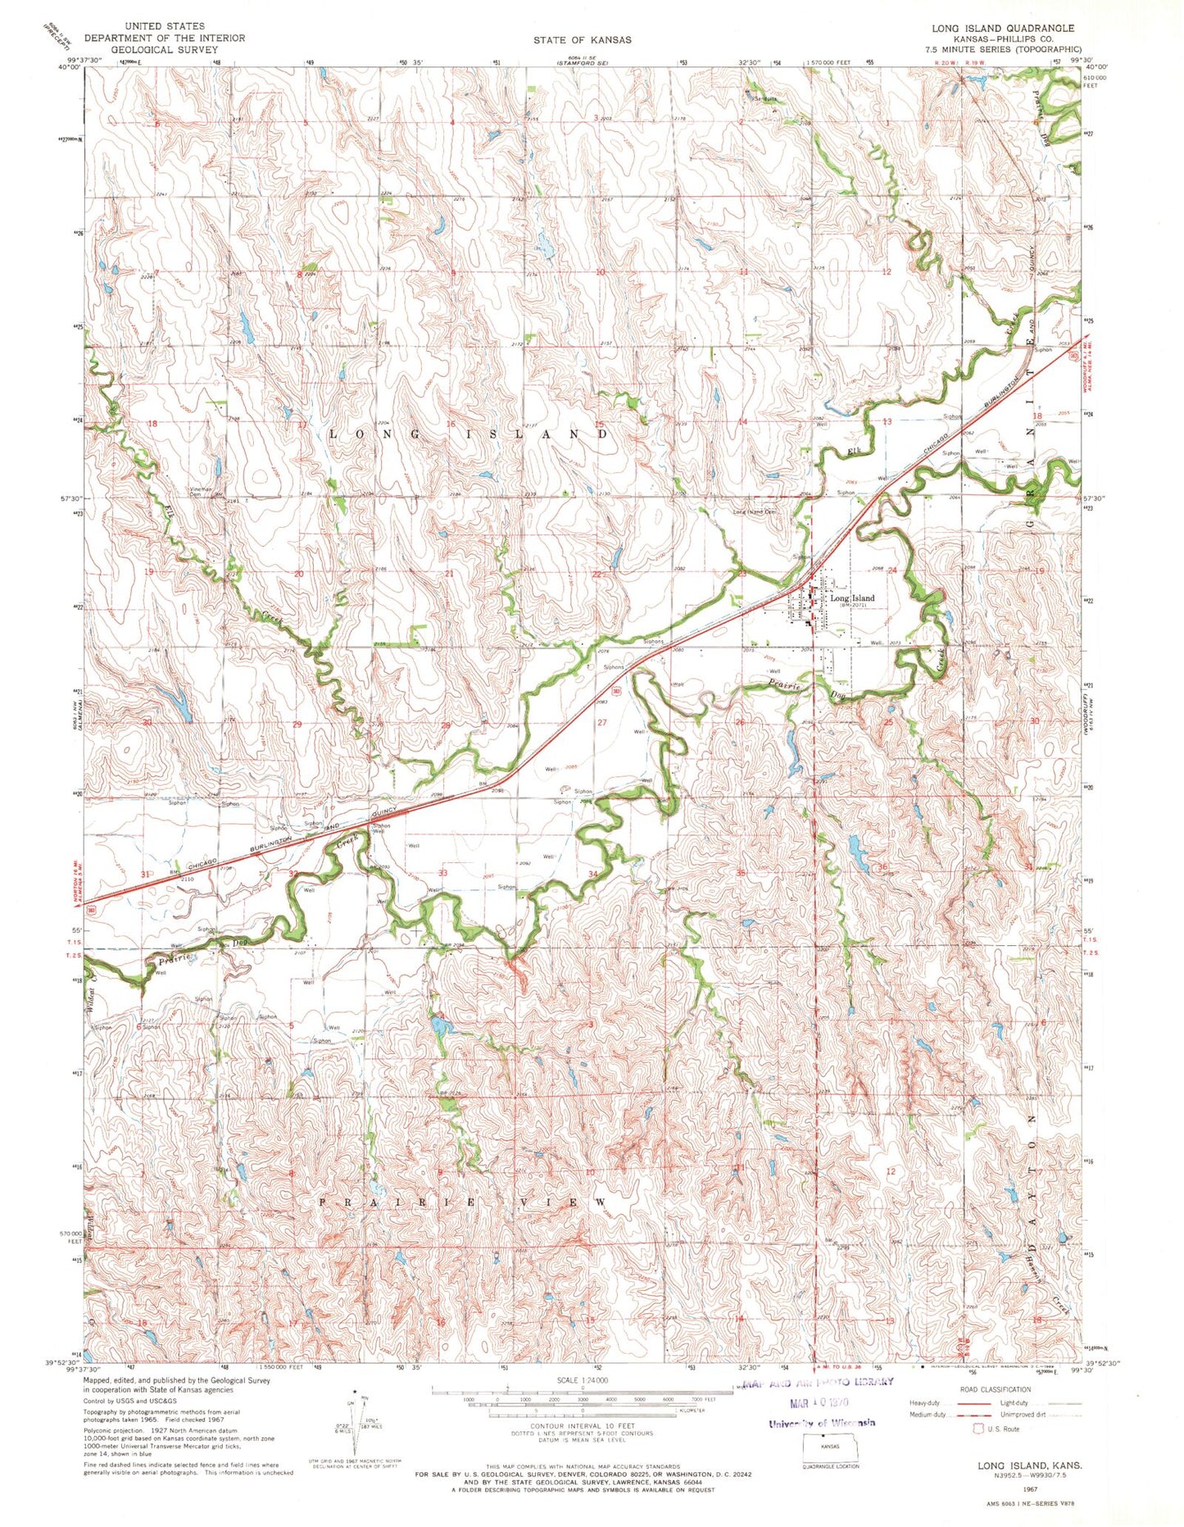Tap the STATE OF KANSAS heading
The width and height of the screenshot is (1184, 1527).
(x=582, y=39)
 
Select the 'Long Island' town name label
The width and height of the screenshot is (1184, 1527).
(x=852, y=598)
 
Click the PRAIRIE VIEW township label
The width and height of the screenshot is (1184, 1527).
(x=463, y=1202)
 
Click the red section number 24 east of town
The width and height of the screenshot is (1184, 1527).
(x=892, y=570)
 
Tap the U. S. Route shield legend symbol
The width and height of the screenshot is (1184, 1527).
(x=977, y=1429)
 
